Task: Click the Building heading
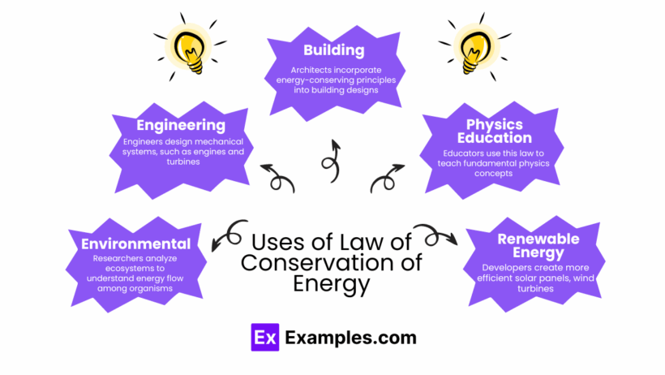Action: tap(334, 50)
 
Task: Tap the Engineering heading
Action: tap(181, 126)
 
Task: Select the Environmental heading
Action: tap(135, 244)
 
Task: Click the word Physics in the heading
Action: tap(495, 125)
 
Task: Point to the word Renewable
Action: tap(538, 239)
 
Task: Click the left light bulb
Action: tap(190, 47)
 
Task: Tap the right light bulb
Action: tap(475, 47)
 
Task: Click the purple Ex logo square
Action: tap(265, 337)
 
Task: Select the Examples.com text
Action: tap(350, 338)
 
